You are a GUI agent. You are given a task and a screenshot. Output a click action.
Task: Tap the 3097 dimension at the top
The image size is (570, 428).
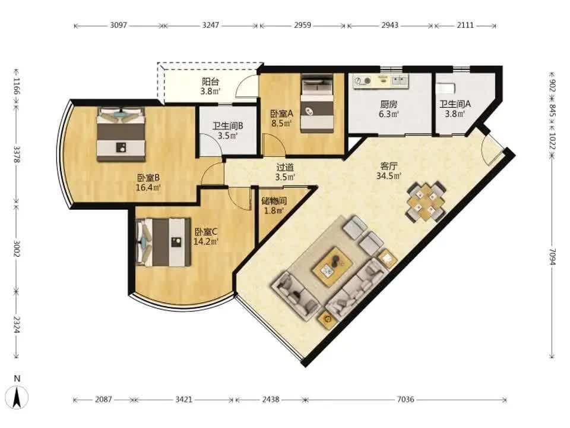(x=119, y=25)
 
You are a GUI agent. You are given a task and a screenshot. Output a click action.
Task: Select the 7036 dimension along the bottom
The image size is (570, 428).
(x=406, y=399)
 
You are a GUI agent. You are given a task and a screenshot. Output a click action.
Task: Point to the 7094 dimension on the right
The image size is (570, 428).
(x=552, y=257)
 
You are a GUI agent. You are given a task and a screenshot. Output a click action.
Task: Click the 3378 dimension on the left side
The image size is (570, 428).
(x=17, y=155)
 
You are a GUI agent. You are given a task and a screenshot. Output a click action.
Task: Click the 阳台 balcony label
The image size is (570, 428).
(x=210, y=81)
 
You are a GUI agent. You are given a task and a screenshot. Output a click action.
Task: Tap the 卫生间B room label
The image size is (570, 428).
(x=228, y=126)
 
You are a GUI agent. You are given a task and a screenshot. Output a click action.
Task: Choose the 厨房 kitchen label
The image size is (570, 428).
(x=388, y=104)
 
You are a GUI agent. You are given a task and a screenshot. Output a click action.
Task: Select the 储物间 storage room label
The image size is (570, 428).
(x=274, y=200)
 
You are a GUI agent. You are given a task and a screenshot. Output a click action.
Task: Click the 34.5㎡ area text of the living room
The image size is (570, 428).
(x=389, y=176)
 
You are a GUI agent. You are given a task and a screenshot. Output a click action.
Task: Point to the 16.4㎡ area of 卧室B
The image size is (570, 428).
(x=148, y=188)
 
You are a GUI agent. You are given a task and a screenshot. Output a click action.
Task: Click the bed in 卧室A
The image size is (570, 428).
(x=317, y=103)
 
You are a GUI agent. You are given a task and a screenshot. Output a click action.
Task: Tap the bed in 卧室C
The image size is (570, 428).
(x=163, y=242)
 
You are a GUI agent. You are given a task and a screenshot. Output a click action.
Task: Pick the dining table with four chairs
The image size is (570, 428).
(x=426, y=202)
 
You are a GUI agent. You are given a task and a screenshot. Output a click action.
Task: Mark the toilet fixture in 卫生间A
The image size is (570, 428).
(x=446, y=88)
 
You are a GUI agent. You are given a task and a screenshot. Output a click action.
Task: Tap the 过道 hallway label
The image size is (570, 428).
(x=285, y=168)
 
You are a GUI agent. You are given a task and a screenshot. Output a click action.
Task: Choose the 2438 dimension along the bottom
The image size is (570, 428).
(x=271, y=399)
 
